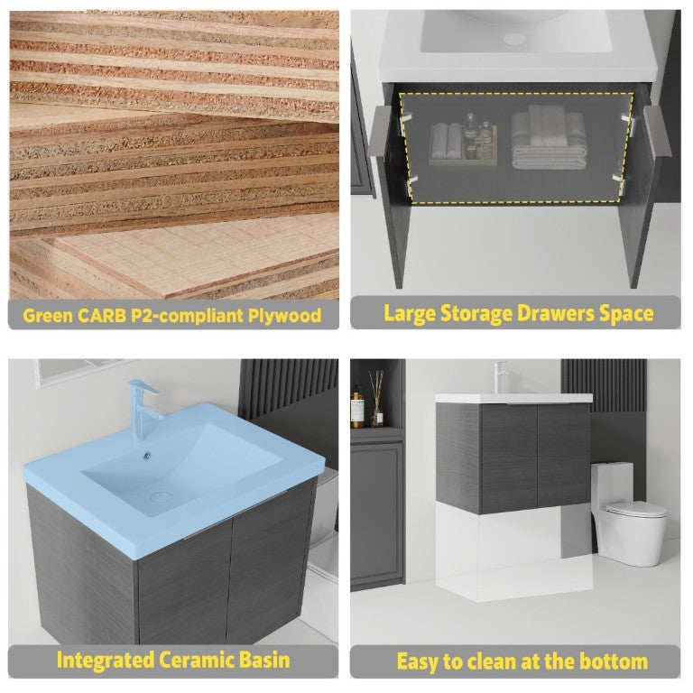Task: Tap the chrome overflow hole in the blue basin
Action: [147, 456]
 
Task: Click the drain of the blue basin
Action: [161, 496]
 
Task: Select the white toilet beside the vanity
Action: [629, 514]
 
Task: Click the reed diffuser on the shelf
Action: [376, 399]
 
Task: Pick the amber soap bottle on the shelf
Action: [357, 407]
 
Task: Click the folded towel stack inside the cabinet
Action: [550, 138]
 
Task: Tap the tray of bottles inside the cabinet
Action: [463, 143]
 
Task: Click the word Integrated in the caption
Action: [106, 661]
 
